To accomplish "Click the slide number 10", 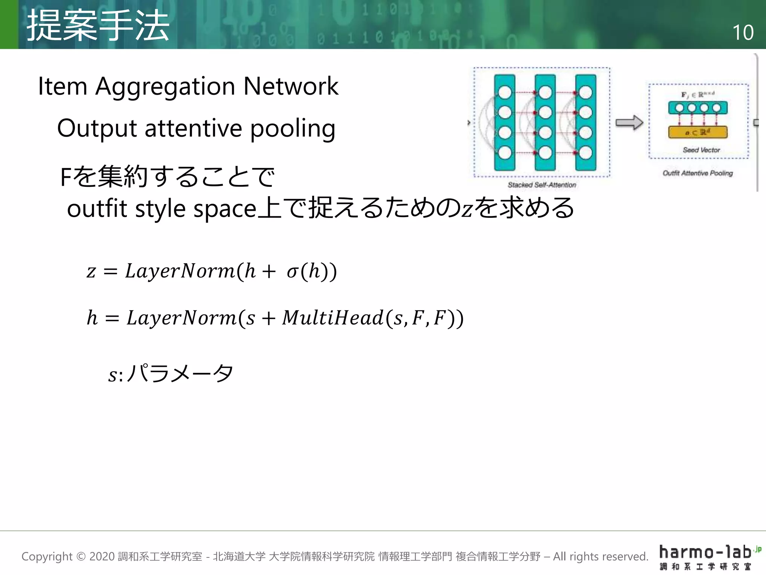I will pyautogui.click(x=743, y=33).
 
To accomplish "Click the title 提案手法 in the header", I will pyautogui.click(x=98, y=25).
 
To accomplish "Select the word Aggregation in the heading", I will pyautogui.click(x=165, y=86).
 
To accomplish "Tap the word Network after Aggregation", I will pyautogui.click(x=291, y=86).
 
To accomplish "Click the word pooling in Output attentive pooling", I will pyautogui.click(x=292, y=128).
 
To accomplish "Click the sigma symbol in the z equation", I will pyautogui.click(x=292, y=272).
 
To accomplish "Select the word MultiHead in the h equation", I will pyautogui.click(x=333, y=318).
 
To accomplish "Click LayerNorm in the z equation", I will pyautogui.click(x=180, y=271).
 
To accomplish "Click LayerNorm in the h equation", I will pyautogui.click(x=181, y=318).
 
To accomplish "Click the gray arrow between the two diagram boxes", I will pyautogui.click(x=629, y=123).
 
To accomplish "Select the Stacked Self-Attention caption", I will pyautogui.click(x=542, y=185).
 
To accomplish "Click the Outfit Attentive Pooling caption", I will pyautogui.click(x=698, y=173).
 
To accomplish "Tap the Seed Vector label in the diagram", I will pyautogui.click(x=701, y=150).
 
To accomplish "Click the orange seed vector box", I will pyautogui.click(x=698, y=132).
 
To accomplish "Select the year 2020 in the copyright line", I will pyautogui.click(x=102, y=557).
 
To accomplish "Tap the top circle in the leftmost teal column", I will pyautogui.click(x=505, y=92).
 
